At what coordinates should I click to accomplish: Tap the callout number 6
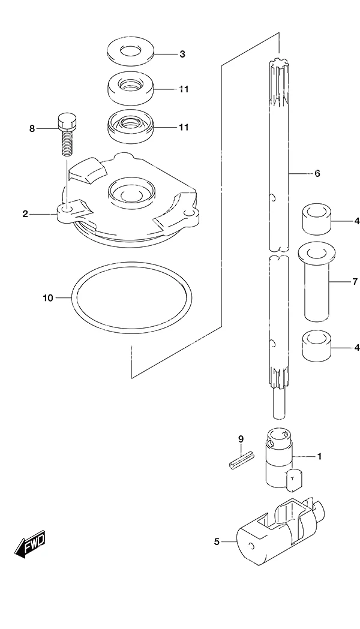pyautogui.click(x=317, y=173)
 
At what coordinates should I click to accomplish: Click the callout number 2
pyautogui.click(x=25, y=214)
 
